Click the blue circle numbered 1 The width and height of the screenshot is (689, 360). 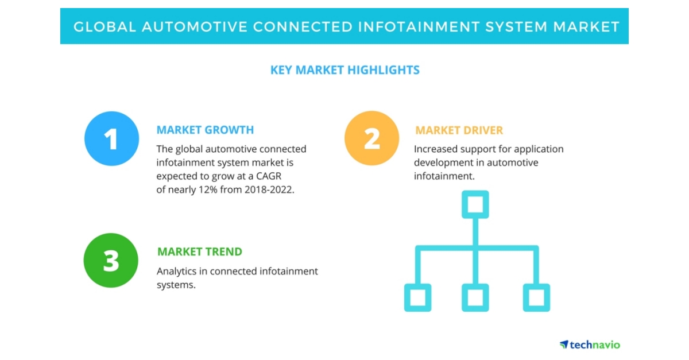(111, 139)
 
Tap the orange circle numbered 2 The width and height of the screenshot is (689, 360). (371, 138)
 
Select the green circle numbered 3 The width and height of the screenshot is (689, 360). (111, 260)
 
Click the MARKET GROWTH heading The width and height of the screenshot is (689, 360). (205, 130)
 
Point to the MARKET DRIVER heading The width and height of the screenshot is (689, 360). (459, 130)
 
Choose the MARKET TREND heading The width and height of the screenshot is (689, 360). (199, 251)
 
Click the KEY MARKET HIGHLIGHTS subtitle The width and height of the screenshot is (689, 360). (344, 70)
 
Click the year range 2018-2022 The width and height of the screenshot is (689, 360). (268, 190)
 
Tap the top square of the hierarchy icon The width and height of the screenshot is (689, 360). (475, 204)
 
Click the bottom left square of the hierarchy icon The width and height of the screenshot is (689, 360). (417, 297)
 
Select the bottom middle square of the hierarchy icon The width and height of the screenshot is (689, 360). (475, 297)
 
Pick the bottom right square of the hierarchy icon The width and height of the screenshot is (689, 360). (536, 297)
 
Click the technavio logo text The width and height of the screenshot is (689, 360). (594, 344)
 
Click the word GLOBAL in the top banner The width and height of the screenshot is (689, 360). (103, 26)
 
